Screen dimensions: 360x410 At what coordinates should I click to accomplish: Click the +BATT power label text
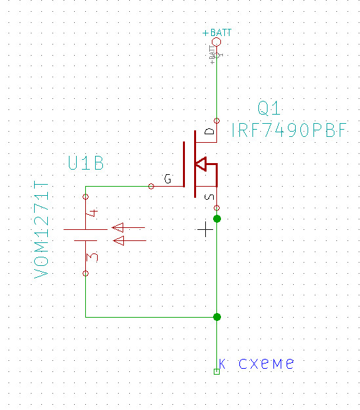(x=217, y=33)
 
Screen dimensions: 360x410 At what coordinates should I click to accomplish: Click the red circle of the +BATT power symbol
(x=216, y=42)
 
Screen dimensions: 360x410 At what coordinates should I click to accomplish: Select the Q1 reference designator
(x=269, y=108)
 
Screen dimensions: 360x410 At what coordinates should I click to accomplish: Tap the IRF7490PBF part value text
(x=289, y=130)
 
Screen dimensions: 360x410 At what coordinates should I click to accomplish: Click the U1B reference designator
(x=86, y=163)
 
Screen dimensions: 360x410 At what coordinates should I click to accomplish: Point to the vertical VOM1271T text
(x=41, y=229)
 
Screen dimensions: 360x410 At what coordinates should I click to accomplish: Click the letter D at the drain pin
(x=209, y=131)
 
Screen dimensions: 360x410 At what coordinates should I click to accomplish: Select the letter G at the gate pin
(x=168, y=179)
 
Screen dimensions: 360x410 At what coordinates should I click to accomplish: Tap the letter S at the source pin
(x=209, y=197)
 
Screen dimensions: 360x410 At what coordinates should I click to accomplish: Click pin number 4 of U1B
(x=92, y=213)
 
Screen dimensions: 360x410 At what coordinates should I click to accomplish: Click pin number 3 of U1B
(x=92, y=257)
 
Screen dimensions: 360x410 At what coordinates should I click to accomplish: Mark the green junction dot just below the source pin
(x=217, y=219)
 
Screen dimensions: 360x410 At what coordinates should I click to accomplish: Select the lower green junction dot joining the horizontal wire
(x=217, y=317)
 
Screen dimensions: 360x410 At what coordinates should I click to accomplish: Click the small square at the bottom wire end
(x=216, y=371)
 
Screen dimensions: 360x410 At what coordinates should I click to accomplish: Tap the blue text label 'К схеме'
(x=256, y=363)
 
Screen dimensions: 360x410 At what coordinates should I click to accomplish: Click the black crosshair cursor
(x=205, y=229)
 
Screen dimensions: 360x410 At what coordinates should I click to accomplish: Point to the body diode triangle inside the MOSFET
(x=201, y=164)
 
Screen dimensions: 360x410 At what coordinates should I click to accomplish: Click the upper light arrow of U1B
(x=129, y=227)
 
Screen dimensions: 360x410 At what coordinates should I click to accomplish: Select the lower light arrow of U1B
(x=130, y=240)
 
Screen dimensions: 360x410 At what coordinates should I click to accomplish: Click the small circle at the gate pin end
(x=151, y=187)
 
